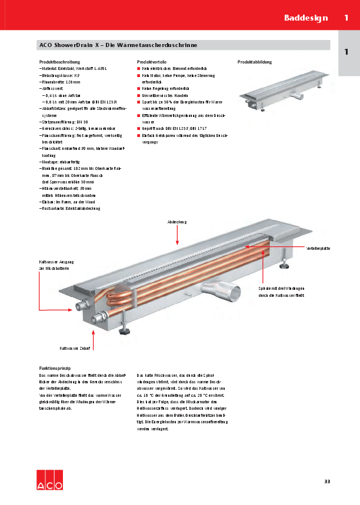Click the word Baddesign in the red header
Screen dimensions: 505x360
(x=306, y=18)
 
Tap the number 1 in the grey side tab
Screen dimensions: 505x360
(x=346, y=52)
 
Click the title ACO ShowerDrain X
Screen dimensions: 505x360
(x=118, y=45)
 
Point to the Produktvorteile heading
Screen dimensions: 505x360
(x=151, y=62)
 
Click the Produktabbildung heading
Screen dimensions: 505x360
(x=255, y=62)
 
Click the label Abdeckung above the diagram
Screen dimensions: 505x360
(x=176, y=222)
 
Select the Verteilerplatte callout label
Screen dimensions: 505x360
(x=318, y=249)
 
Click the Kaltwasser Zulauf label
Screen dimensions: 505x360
(x=75, y=349)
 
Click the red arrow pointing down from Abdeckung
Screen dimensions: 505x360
(x=177, y=235)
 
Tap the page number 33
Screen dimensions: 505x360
(x=327, y=482)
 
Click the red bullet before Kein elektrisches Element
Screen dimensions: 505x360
(x=138, y=69)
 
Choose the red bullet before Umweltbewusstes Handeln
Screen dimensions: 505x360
(x=138, y=95)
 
